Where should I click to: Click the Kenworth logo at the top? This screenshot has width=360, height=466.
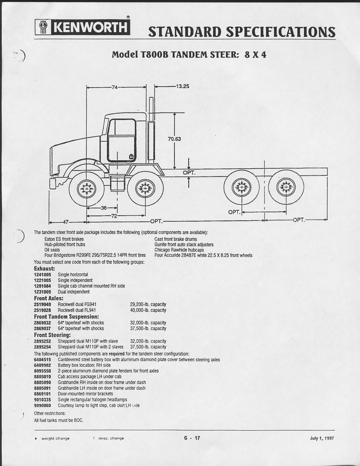coord(82,27)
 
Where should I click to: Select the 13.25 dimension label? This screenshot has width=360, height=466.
coord(183,87)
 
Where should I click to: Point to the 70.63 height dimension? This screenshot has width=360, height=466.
coord(174,139)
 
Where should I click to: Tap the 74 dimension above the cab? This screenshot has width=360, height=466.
coord(115,87)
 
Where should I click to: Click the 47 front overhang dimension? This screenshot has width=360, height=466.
coord(66,222)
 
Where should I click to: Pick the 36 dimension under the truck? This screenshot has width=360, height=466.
coord(104,208)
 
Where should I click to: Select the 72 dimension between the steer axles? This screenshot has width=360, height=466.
coord(114,216)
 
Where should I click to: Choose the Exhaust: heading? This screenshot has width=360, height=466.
coord(44,268)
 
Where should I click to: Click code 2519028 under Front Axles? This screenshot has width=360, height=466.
coord(42,310)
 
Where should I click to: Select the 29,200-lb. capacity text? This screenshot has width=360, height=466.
coord(148,304)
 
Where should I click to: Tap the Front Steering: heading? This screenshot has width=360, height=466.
coord(52,335)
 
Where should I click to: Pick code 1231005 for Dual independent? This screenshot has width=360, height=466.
coord(42,292)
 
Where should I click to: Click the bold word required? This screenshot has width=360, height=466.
coord(117,354)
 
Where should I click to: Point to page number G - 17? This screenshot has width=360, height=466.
coord(192,438)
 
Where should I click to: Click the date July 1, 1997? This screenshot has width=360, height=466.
coord(322,438)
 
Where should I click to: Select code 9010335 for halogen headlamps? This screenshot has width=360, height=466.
coord(42,400)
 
